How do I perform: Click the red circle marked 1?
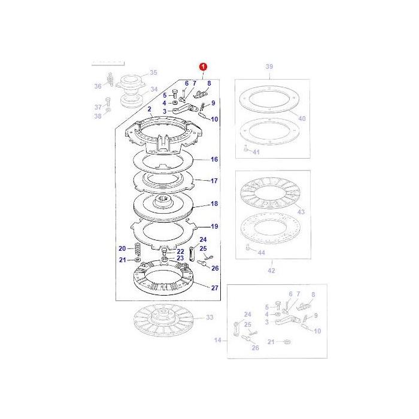click(x=203, y=66)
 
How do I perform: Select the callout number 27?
click(x=214, y=288)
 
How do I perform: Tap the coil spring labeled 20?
click(x=138, y=250)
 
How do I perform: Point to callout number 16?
click(x=214, y=160)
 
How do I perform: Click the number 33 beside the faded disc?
click(x=209, y=317)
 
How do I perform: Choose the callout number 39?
click(x=269, y=66)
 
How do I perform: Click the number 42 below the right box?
click(x=271, y=271)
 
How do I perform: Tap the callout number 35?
click(x=153, y=72)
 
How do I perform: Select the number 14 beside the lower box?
click(x=218, y=340)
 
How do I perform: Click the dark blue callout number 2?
click(x=150, y=109)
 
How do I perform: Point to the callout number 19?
click(x=214, y=227)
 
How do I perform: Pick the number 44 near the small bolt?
click(x=261, y=253)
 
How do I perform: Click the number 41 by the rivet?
click(x=256, y=152)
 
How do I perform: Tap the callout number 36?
click(x=98, y=86)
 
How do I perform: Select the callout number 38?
click(x=98, y=116)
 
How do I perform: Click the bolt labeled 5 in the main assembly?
click(x=175, y=93)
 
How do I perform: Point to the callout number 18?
click(x=214, y=204)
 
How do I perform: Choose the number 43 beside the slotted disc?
click(x=301, y=212)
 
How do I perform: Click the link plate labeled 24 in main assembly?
click(x=192, y=254)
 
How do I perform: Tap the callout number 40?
click(x=302, y=119)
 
